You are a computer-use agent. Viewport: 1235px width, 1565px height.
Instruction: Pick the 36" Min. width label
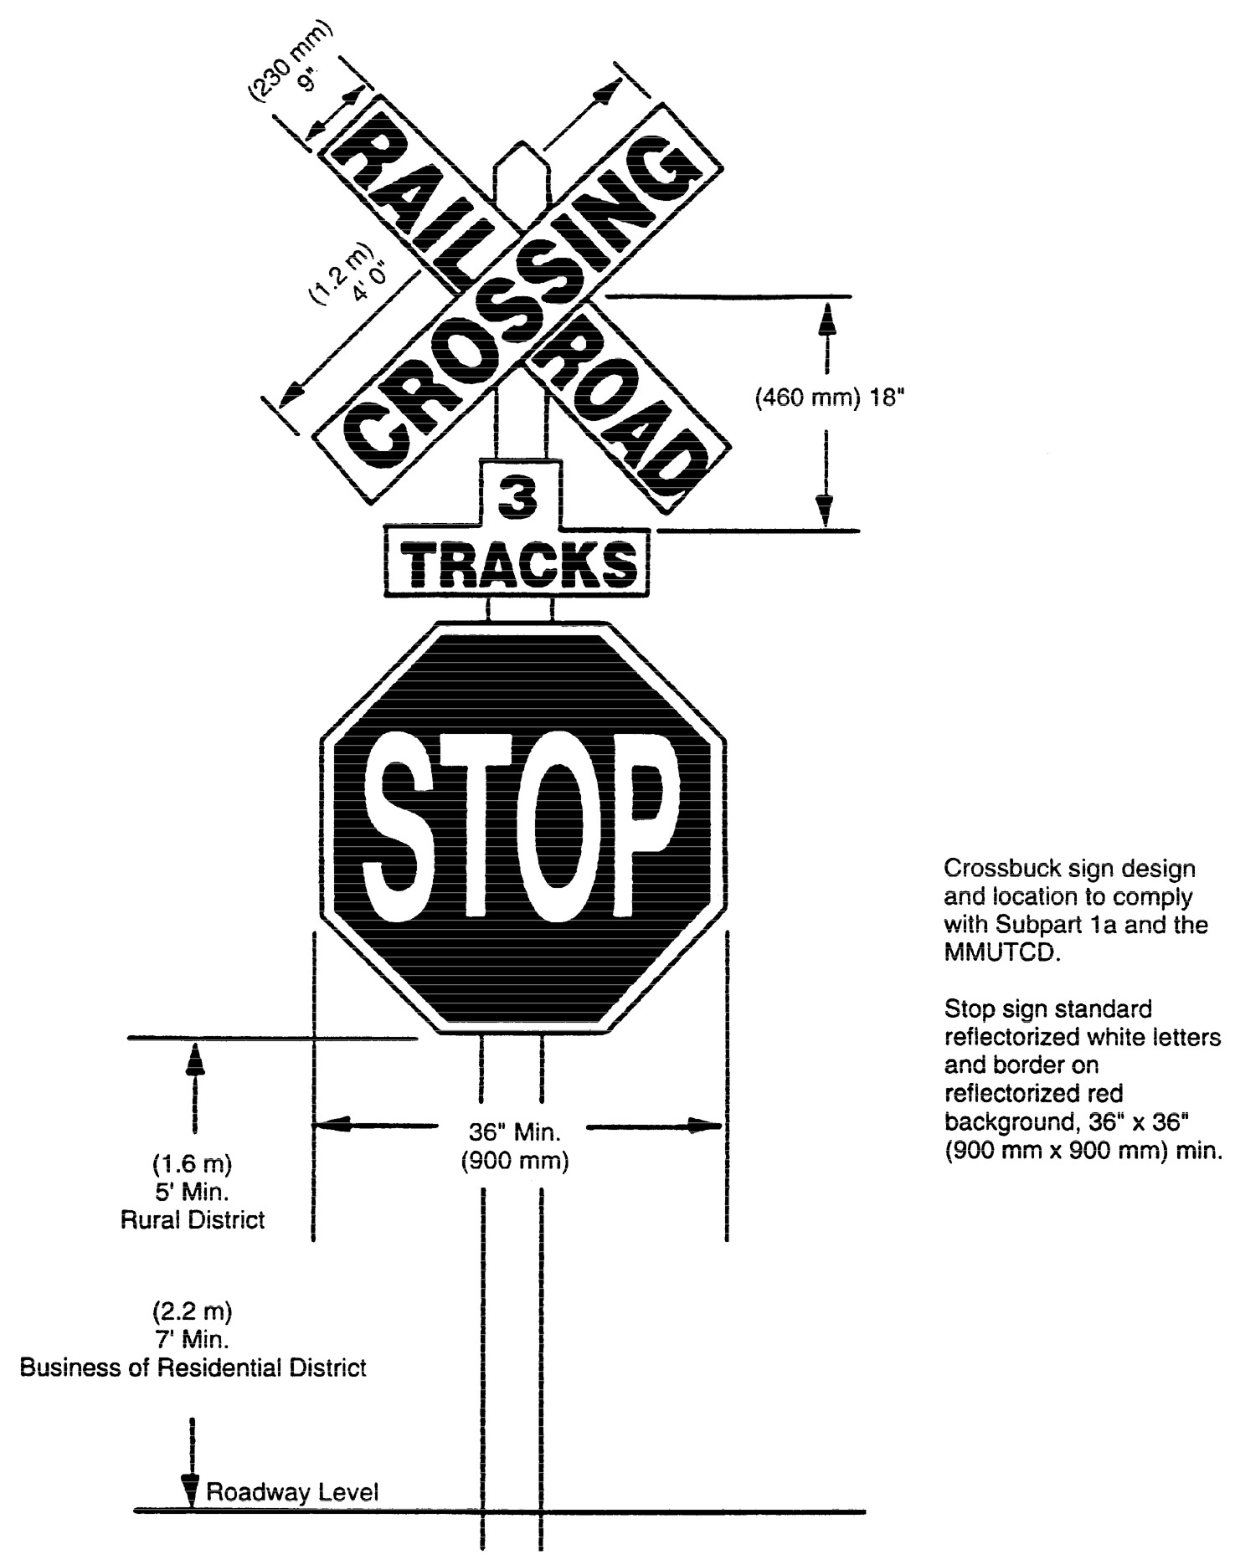tap(513, 1132)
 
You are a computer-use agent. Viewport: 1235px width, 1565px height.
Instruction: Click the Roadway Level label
tap(292, 1491)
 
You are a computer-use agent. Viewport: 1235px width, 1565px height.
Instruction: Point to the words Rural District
tap(193, 1220)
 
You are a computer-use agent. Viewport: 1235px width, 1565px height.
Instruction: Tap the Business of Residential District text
tap(193, 1368)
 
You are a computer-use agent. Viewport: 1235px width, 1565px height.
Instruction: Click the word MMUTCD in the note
tap(1001, 954)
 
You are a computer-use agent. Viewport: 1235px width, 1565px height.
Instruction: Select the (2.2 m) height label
tap(192, 1308)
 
